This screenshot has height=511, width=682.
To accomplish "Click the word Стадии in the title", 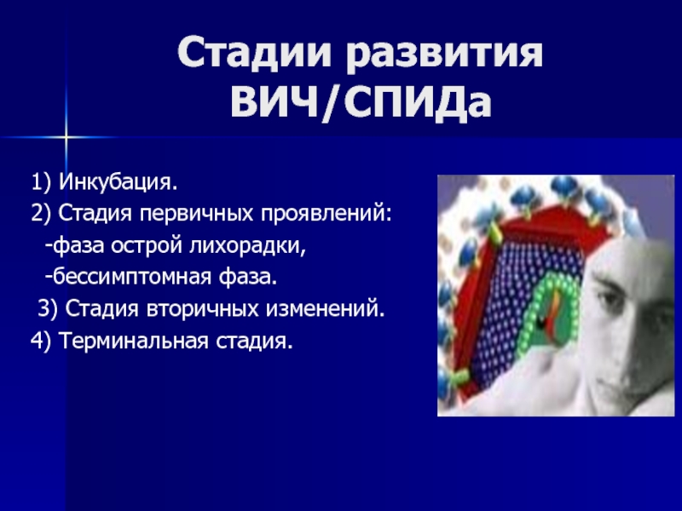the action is pos(254,52).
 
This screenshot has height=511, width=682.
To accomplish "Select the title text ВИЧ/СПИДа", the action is pos(361,102).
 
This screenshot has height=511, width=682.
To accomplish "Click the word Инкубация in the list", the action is pos(118,181).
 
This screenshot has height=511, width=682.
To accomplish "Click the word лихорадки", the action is pos(247,246).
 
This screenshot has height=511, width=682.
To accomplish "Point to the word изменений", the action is pos(326,309).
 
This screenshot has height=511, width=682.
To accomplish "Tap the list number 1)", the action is pos(41,182).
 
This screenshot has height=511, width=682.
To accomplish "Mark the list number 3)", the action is pos(48,309).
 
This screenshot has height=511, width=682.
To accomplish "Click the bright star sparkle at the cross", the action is pos(66,137).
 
